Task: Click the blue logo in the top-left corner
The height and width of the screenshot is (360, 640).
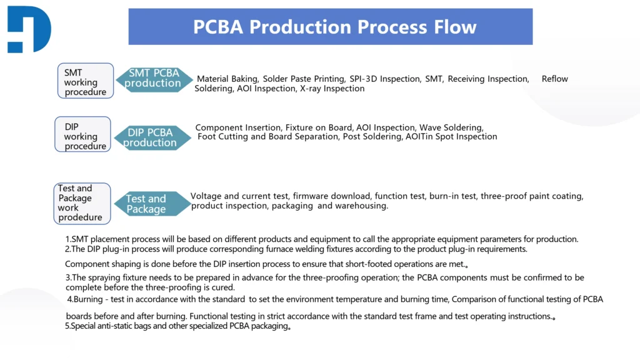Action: pos(29,29)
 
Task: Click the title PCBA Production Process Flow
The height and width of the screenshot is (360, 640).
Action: pos(334,27)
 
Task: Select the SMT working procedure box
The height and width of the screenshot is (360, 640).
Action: pos(86,82)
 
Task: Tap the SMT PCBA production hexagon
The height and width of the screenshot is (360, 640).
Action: pos(153,78)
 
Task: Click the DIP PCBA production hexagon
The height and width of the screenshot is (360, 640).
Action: pos(150,137)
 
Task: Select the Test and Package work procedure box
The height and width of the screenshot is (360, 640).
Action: pos(82,202)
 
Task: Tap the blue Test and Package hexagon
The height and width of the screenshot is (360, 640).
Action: pos(146,204)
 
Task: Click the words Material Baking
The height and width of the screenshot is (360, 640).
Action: pos(227,79)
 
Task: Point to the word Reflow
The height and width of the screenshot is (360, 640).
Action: pos(554,79)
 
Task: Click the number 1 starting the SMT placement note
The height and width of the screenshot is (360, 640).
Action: pos(67,239)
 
